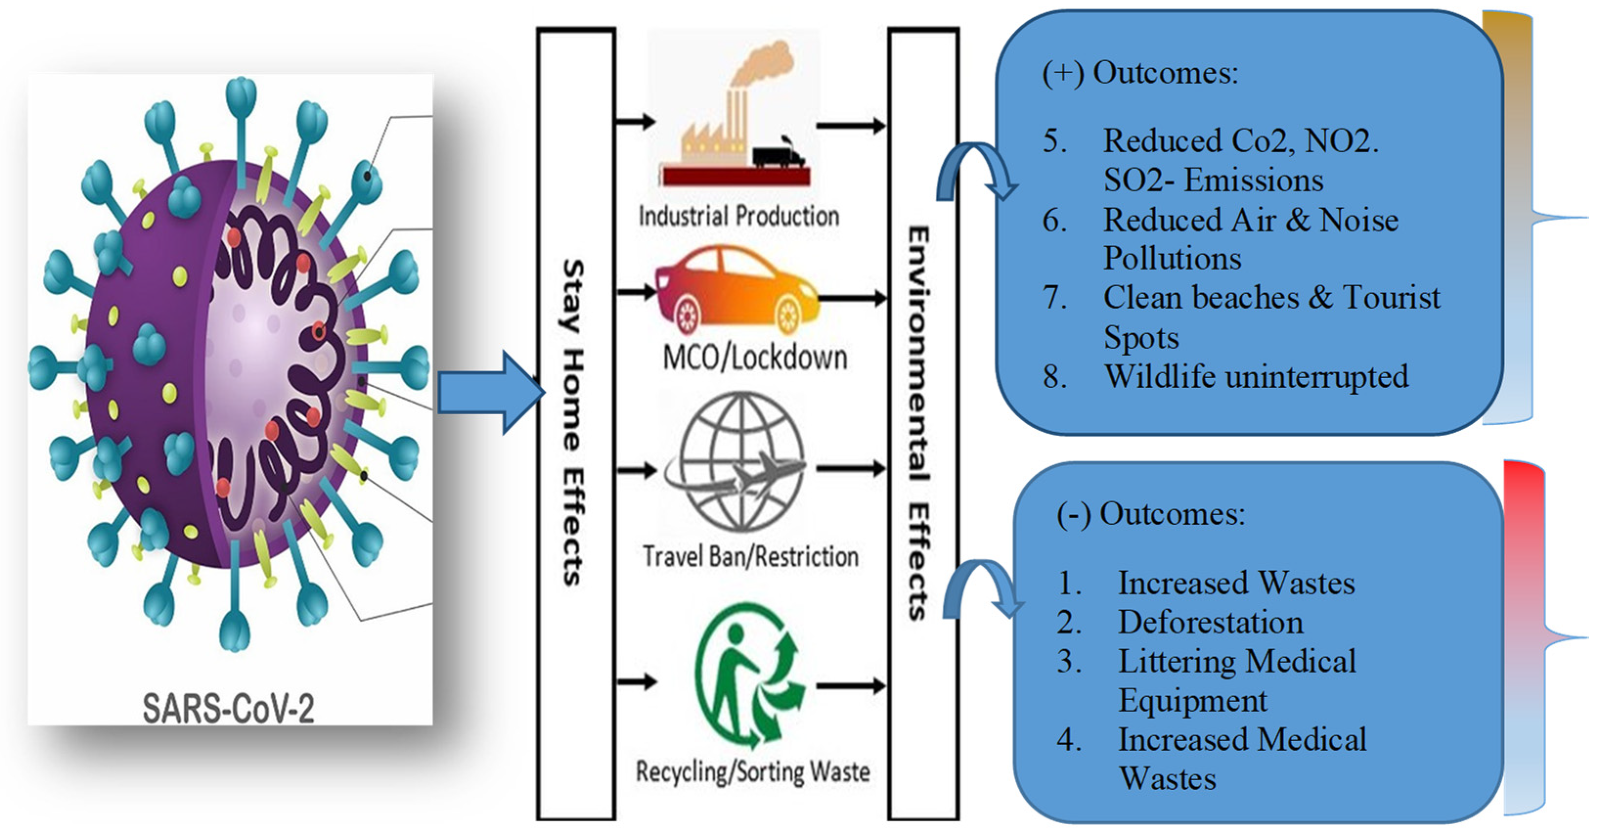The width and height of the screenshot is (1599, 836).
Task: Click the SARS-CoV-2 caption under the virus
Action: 228,708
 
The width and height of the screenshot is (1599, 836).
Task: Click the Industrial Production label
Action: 739,216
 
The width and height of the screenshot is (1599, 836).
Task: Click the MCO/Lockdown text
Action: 755,358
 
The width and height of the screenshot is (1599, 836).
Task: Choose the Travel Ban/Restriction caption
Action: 750,556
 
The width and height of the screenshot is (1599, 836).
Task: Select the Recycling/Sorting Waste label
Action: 752,772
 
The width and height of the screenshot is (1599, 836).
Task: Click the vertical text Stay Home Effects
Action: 574,422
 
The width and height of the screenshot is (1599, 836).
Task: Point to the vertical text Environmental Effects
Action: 920,422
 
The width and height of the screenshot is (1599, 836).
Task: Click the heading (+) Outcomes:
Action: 1139,73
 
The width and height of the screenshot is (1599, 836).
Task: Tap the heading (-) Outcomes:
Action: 1151,514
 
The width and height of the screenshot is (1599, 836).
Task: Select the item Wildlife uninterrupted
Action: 1256,376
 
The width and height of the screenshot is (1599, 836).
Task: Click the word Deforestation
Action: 1210,622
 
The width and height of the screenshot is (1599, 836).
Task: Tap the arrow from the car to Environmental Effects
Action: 854,299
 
